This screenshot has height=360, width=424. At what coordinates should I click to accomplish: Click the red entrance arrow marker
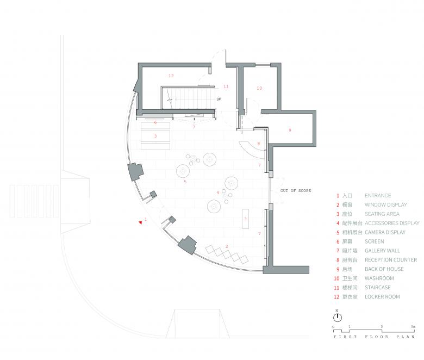pyautogui.click(x=140, y=222)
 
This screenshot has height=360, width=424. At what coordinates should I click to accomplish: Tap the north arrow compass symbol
pyautogui.click(x=337, y=317)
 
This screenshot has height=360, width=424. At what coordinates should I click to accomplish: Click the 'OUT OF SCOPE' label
pyautogui.click(x=296, y=191)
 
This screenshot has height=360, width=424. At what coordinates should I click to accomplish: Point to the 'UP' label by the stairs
pyautogui.click(x=219, y=99)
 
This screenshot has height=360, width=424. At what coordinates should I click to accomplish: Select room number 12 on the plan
pyautogui.click(x=171, y=76)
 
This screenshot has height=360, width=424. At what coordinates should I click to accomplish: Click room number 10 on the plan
pyautogui.click(x=259, y=88)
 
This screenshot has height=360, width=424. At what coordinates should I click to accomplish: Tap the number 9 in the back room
pyautogui.click(x=290, y=130)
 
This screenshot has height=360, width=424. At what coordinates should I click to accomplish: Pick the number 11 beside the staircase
pyautogui.click(x=226, y=86)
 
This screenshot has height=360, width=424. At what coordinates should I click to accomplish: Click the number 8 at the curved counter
pyautogui.click(x=259, y=144)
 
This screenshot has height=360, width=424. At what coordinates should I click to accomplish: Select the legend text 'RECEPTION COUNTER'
pyautogui.click(x=391, y=260)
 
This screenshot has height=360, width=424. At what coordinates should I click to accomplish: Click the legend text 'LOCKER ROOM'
pyautogui.click(x=382, y=297)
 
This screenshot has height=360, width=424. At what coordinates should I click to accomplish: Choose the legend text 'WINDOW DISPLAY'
pyautogui.click(x=385, y=205)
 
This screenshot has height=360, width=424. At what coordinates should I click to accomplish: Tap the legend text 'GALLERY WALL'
pyautogui.click(x=382, y=251)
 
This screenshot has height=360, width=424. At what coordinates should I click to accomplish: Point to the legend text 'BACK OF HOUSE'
pyautogui.click(x=384, y=269)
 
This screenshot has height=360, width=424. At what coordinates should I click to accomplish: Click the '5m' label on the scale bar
pyautogui.click(x=413, y=327)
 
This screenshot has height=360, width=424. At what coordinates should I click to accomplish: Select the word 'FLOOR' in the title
pyautogui.click(x=376, y=337)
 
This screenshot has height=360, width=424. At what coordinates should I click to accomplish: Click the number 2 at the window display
pyautogui.click(x=227, y=246)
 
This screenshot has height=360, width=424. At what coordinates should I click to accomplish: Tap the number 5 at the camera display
pyautogui.click(x=185, y=182)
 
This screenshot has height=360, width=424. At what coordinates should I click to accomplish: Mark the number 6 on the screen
pyautogui.click(x=155, y=122)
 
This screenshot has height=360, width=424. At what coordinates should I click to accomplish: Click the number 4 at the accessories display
pyautogui.click(x=217, y=193)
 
